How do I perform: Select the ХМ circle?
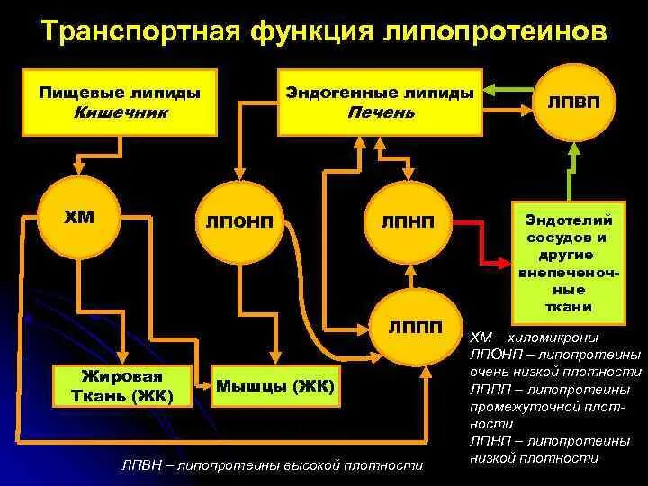(79, 220)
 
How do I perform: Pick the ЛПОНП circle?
(241, 221)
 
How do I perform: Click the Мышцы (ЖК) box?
(274, 386)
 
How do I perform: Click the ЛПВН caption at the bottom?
(272, 465)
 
